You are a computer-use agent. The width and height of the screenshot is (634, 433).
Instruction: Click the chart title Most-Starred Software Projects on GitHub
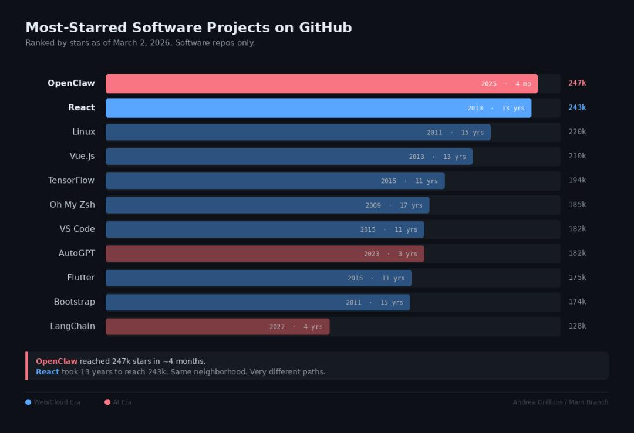(188, 28)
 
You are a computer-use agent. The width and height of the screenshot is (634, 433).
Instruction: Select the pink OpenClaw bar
(294, 84)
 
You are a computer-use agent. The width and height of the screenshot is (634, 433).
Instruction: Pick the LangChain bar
(188, 327)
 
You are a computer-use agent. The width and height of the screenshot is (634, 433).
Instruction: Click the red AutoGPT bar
(235, 254)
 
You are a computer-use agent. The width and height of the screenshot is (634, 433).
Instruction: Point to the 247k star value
(577, 83)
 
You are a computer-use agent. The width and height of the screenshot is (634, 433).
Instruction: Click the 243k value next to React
(577, 107)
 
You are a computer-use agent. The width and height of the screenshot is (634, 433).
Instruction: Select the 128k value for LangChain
(577, 326)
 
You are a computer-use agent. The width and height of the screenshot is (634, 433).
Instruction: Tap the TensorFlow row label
(71, 180)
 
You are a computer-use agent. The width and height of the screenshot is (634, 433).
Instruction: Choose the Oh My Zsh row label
(72, 205)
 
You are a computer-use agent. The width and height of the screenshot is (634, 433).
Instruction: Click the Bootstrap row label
(74, 302)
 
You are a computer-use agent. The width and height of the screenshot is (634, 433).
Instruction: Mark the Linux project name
(83, 132)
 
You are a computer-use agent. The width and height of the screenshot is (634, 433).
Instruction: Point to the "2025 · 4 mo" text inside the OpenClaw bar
(505, 84)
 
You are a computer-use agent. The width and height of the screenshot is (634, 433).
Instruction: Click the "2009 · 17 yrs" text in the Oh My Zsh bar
(394, 205)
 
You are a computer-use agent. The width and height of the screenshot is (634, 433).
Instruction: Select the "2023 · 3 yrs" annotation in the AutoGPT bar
(390, 254)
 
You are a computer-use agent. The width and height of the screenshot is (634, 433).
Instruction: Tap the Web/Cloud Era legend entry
(53, 402)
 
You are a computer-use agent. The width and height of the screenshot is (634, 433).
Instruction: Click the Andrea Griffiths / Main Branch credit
(560, 402)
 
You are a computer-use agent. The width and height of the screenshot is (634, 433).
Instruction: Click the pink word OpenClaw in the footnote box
(56, 361)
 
